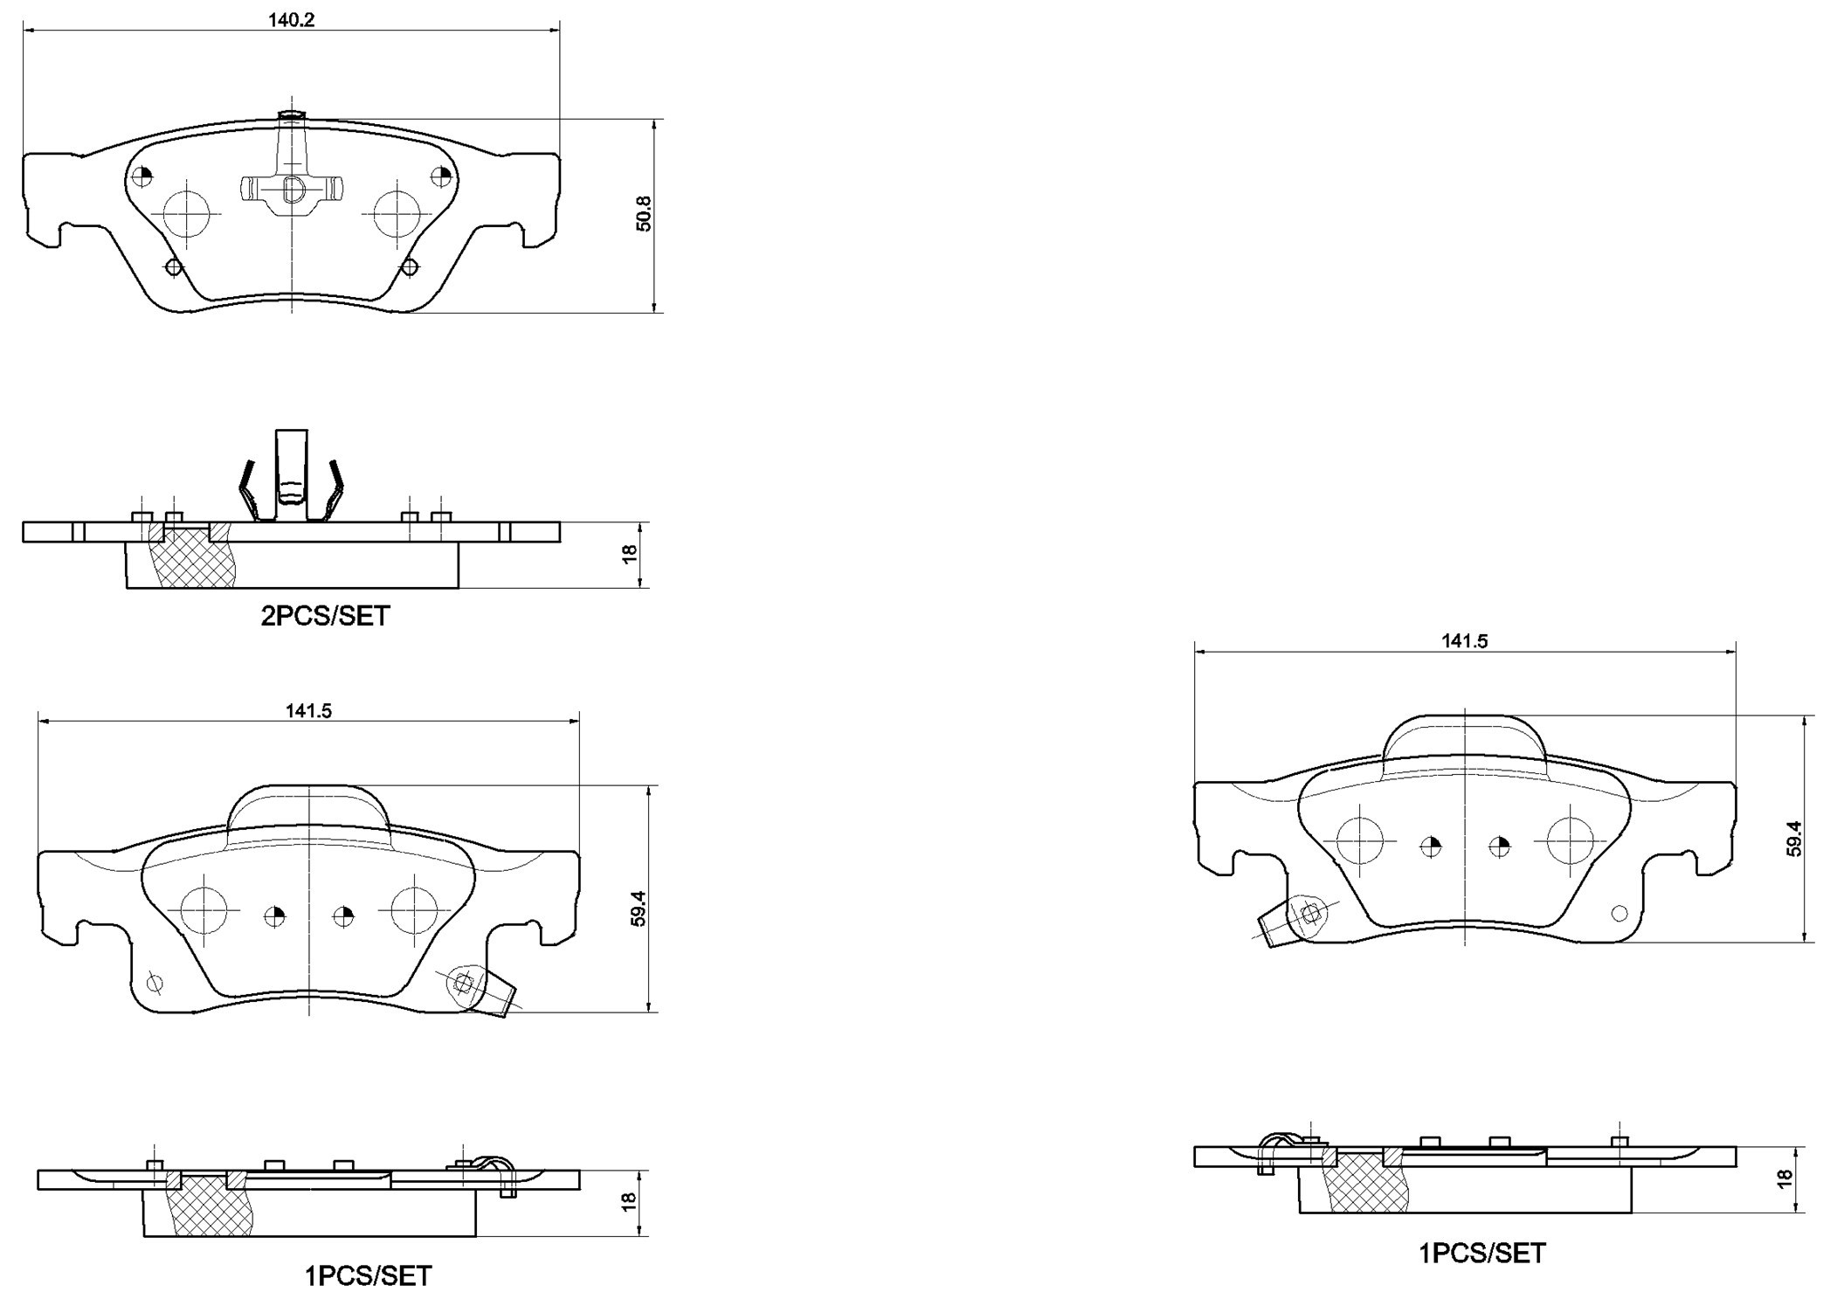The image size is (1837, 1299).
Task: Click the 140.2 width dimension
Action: pyautogui.click(x=291, y=20)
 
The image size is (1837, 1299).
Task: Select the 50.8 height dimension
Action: pyautogui.click(x=644, y=213)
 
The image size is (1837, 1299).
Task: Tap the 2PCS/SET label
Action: pyautogui.click(x=325, y=616)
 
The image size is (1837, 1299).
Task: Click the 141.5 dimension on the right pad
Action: pyautogui.click(x=1464, y=641)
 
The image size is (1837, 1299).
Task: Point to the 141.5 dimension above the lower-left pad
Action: pyautogui.click(x=308, y=711)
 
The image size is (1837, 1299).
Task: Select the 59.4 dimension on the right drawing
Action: pyautogui.click(x=1793, y=839)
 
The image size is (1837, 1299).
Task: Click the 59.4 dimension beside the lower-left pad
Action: pyautogui.click(x=639, y=909)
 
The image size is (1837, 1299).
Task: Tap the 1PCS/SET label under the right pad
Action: pyautogui.click(x=1481, y=1254)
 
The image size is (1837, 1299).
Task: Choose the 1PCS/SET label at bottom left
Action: pyautogui.click(x=368, y=1276)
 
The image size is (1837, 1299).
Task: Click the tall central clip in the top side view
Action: pyautogui.click(x=291, y=472)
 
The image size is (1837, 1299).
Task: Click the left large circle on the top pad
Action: pyautogui.click(x=187, y=213)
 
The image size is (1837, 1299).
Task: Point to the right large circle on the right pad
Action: pyautogui.click(x=1570, y=840)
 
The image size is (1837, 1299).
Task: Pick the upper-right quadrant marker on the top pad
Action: pyautogui.click(x=443, y=176)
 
